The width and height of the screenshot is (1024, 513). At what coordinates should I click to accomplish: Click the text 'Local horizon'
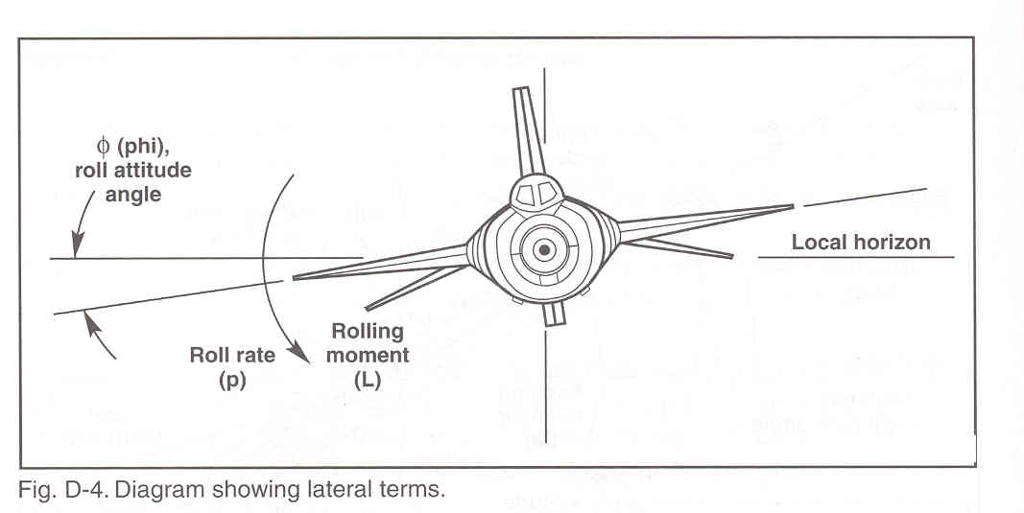tap(860, 242)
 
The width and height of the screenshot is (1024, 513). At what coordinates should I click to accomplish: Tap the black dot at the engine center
tap(544, 250)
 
